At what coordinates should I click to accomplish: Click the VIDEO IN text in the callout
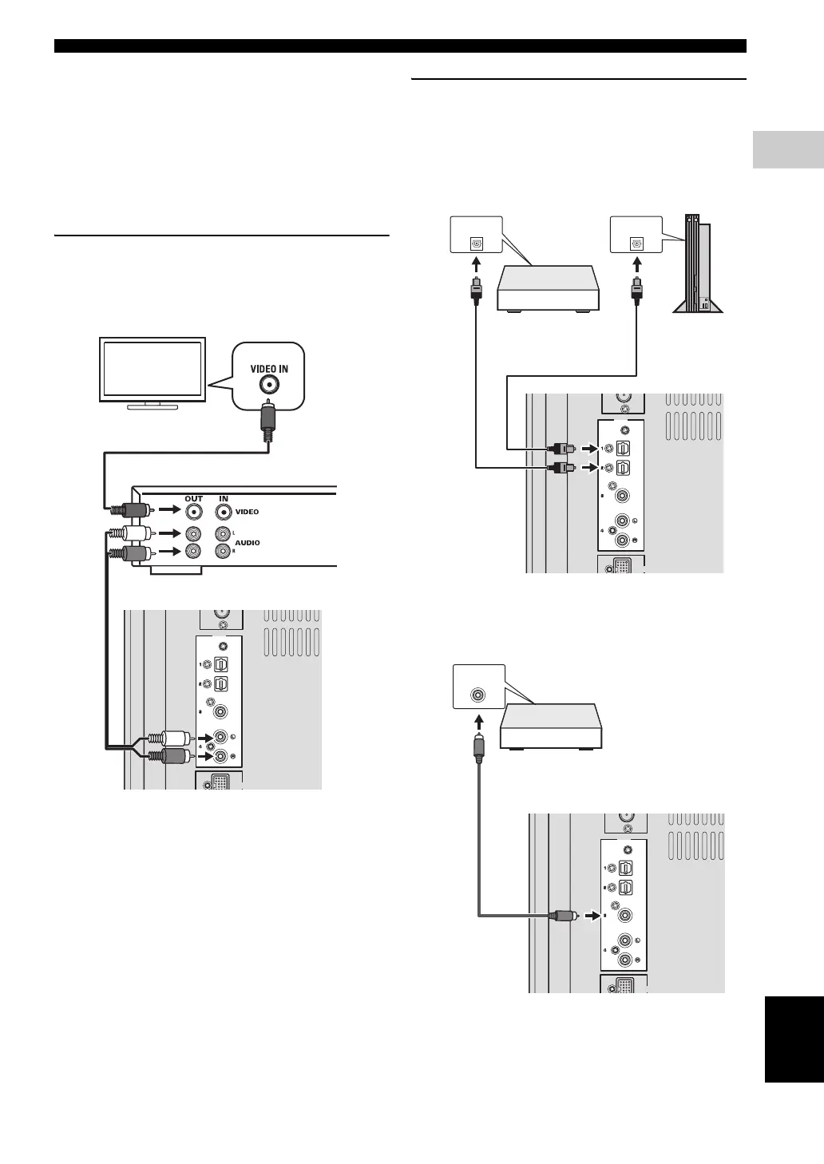point(269,369)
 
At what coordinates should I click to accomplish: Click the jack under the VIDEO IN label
point(270,386)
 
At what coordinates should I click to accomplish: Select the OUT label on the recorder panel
point(194,498)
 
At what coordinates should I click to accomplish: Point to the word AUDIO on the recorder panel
point(248,542)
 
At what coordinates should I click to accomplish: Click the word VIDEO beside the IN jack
point(248,511)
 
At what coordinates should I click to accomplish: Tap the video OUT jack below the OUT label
point(194,511)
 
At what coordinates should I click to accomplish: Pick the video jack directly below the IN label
point(224,511)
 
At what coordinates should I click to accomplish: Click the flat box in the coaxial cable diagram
point(549,726)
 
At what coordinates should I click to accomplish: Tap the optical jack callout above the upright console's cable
point(636,236)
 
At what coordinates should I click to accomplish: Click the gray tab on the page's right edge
point(787,149)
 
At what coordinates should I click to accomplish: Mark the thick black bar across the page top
point(400,46)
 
